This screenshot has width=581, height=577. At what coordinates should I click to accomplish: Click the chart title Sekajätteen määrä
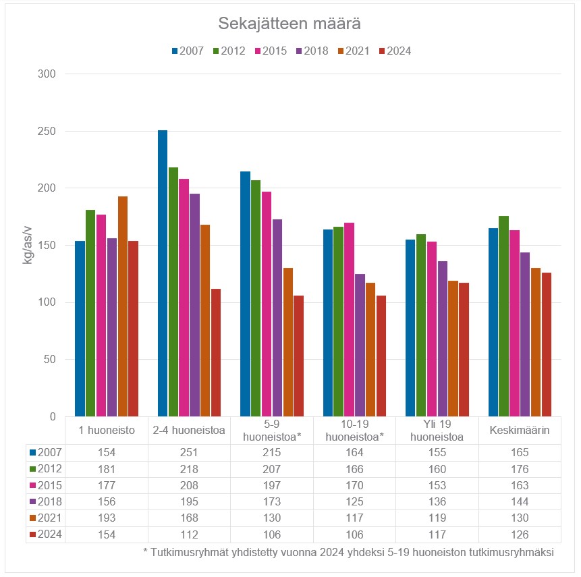[289, 24]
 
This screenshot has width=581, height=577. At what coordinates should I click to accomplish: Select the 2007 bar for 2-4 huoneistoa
[163, 273]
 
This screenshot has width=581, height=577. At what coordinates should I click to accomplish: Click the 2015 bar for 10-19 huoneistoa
[349, 319]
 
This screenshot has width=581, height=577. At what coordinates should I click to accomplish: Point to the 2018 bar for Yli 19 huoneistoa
[442, 339]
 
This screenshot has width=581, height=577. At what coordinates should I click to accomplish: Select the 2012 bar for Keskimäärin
[503, 316]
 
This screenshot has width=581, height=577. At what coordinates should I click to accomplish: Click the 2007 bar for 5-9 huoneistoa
[245, 294]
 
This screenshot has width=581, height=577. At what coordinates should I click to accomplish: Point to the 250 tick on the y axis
[47, 131]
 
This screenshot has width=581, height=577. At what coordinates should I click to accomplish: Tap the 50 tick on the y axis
[50, 359]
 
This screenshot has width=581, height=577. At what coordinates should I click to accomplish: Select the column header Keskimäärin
[520, 431]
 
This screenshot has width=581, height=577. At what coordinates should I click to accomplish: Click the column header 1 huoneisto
[107, 431]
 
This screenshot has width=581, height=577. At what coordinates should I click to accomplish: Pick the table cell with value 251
[189, 452]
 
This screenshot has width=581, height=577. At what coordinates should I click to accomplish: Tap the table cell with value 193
[107, 518]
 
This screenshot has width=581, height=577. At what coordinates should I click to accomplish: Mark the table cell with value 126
[520, 534]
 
